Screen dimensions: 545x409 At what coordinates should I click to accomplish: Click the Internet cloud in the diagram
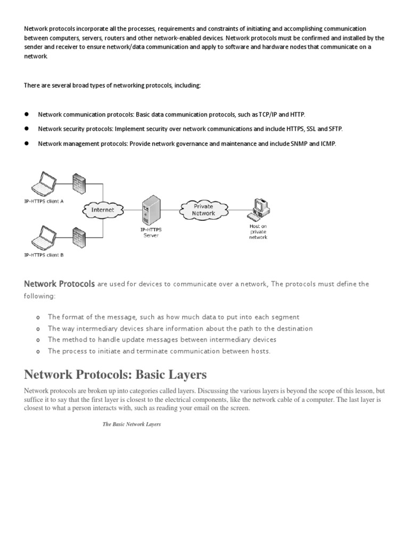(x=103, y=210)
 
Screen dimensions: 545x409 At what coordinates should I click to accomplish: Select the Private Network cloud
(x=203, y=209)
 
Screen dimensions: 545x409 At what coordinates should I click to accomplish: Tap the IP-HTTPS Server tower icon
(x=150, y=209)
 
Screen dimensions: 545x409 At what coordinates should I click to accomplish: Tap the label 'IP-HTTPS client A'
(x=44, y=201)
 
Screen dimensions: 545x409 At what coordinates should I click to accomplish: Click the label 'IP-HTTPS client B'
(x=44, y=255)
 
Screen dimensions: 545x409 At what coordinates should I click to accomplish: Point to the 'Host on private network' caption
(x=258, y=232)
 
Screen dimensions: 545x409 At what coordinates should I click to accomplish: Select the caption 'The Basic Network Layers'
(x=132, y=424)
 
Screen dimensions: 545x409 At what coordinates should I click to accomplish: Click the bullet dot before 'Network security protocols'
(x=26, y=129)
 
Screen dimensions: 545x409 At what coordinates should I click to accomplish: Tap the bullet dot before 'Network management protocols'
(x=26, y=143)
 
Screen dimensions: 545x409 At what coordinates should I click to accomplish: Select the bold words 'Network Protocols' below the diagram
(x=60, y=284)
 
